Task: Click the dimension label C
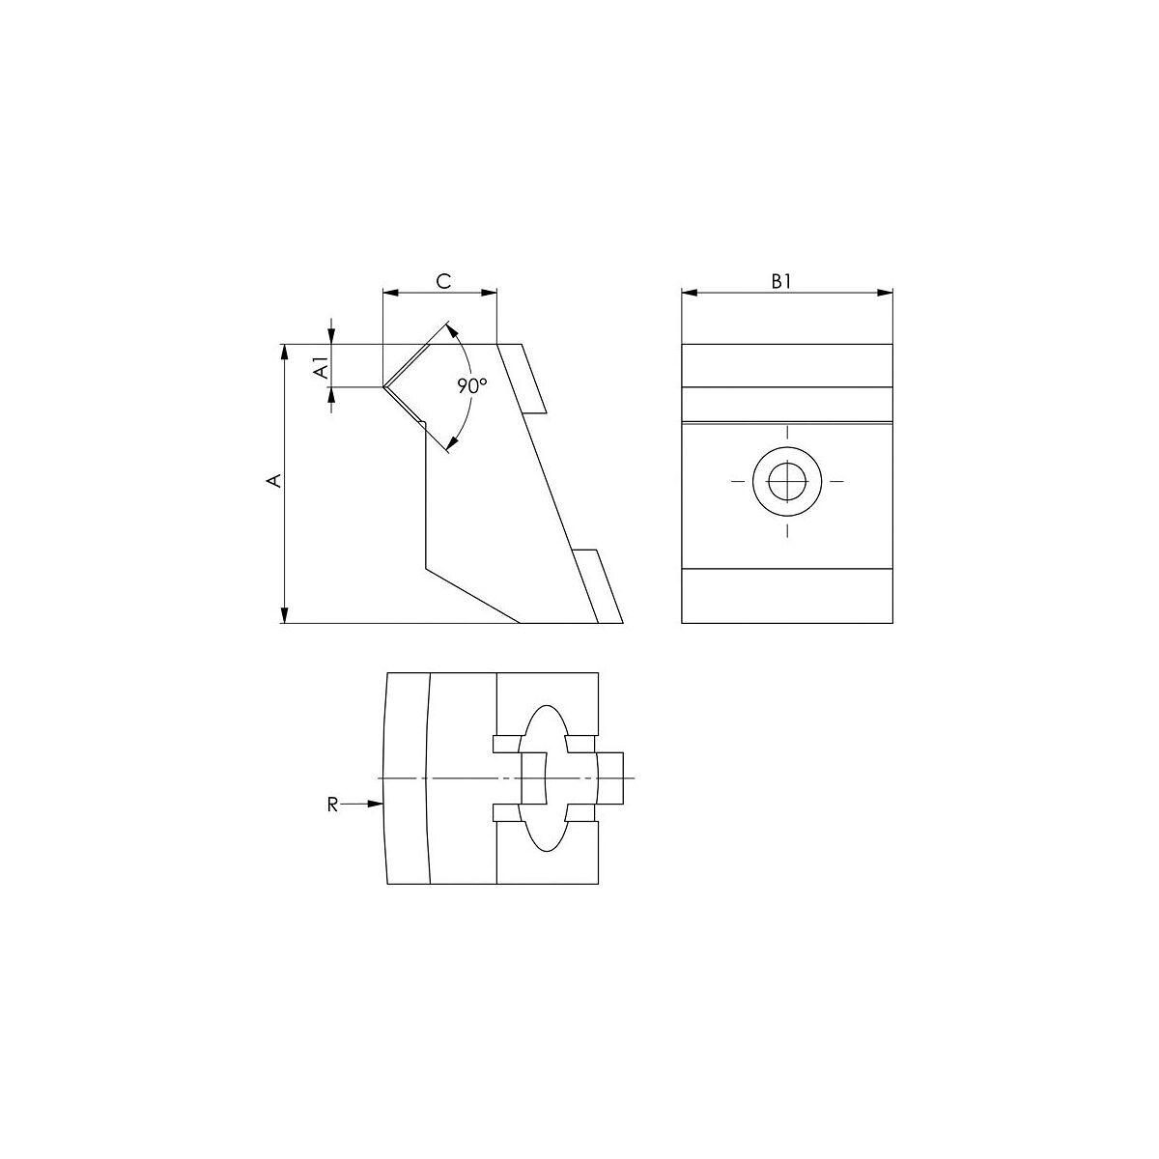tap(443, 281)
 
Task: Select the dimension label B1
tap(780, 281)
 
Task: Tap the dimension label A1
tap(323, 368)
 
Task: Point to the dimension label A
tap(274, 480)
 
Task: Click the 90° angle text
tap(472, 385)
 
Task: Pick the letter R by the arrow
tap(332, 805)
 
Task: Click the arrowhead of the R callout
tap(376, 804)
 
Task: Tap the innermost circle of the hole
tap(787, 481)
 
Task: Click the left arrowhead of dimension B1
tap(690, 293)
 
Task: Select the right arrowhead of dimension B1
tap(886, 293)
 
